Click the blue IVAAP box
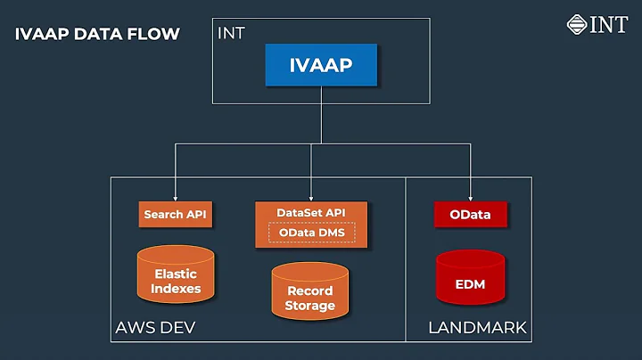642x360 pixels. pyautogui.click(x=321, y=65)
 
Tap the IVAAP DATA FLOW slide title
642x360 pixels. pyautogui.click(x=97, y=35)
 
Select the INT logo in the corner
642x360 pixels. pyautogui.click(x=597, y=24)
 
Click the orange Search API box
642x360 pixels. pyautogui.click(x=176, y=215)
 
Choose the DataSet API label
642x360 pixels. pyautogui.click(x=310, y=213)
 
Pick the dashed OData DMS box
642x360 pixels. pyautogui.click(x=311, y=233)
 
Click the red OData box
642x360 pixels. pyautogui.click(x=469, y=215)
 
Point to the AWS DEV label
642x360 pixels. pyautogui.click(x=155, y=328)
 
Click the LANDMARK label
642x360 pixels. pyautogui.click(x=477, y=328)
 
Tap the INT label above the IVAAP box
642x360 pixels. pyautogui.click(x=230, y=33)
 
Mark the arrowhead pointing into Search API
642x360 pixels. pyautogui.click(x=176, y=198)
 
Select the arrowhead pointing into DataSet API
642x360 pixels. pyautogui.click(x=310, y=198)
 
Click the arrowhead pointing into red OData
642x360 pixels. pyautogui.click(x=469, y=198)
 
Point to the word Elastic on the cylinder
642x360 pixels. pyautogui.click(x=176, y=274)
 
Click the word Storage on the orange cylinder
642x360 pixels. pyautogui.click(x=309, y=306)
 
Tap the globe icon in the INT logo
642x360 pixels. pyautogui.click(x=577, y=24)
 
